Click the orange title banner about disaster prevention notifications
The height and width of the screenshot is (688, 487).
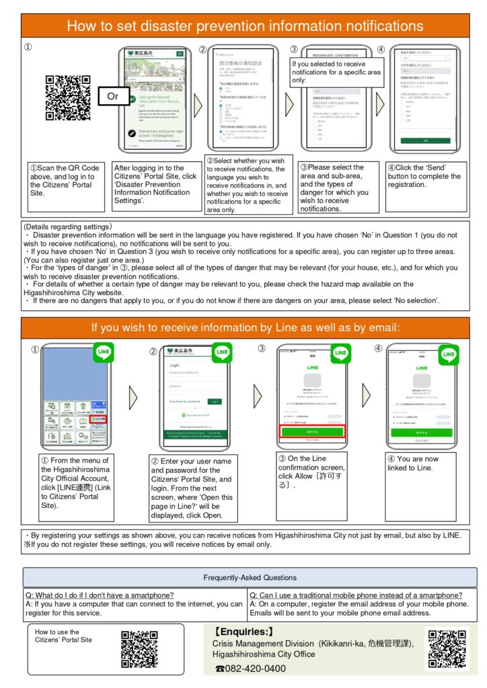click(x=243, y=26)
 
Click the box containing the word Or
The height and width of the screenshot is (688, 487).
click(x=113, y=96)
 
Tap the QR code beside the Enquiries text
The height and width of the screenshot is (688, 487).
click(x=447, y=648)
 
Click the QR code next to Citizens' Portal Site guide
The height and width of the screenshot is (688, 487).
click(x=140, y=649)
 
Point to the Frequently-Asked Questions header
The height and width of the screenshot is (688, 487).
click(x=250, y=578)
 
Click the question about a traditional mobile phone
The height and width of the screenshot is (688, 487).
click(x=356, y=595)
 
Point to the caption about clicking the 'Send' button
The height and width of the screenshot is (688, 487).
click(x=424, y=176)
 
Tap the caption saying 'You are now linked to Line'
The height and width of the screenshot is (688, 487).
click(x=412, y=463)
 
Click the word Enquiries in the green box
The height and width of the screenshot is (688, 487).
click(x=243, y=631)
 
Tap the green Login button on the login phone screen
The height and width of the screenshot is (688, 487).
click(x=213, y=401)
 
